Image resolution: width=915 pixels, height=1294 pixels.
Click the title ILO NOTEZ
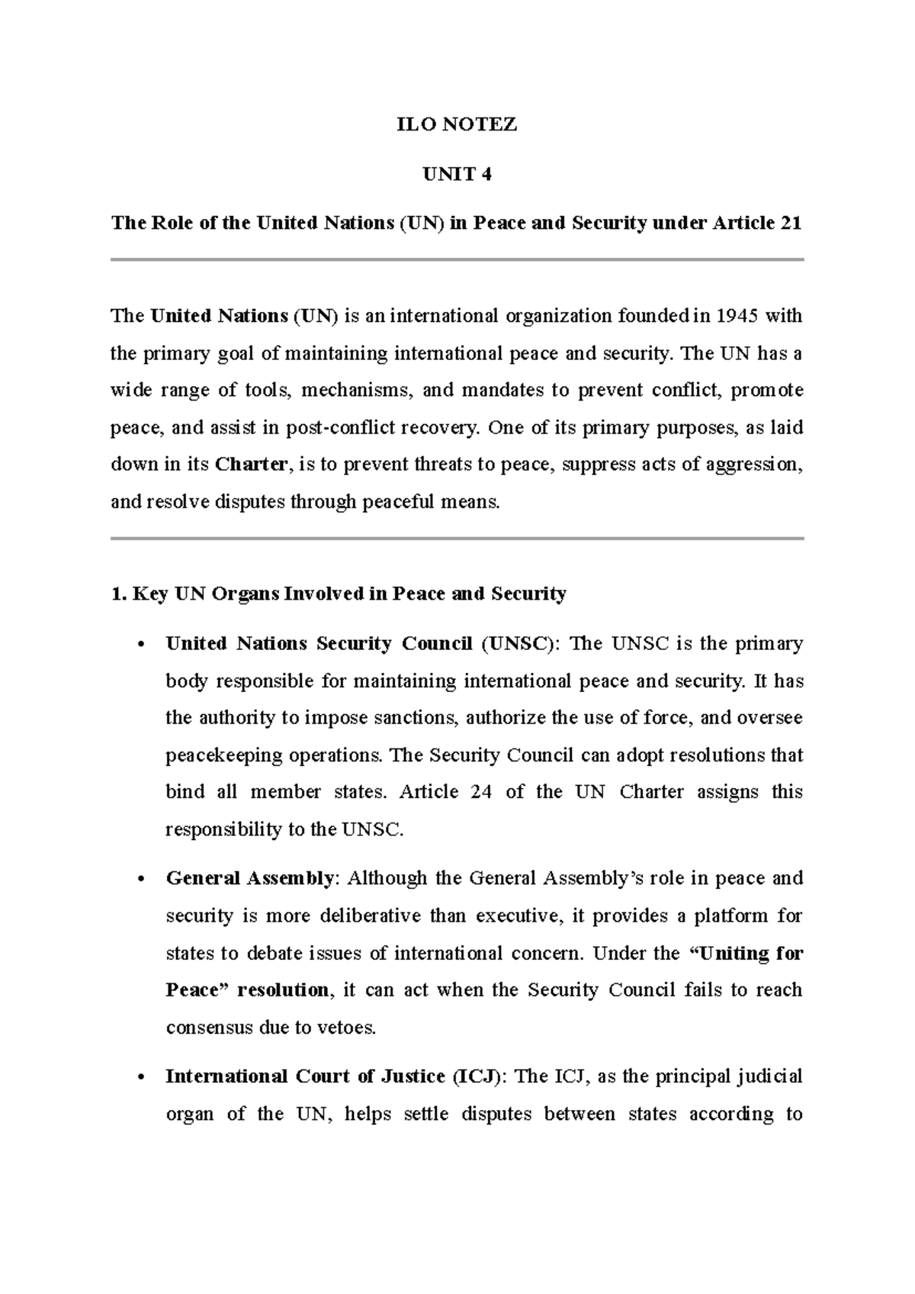pyautogui.click(x=457, y=125)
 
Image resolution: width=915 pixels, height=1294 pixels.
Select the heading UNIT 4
pyautogui.click(x=457, y=175)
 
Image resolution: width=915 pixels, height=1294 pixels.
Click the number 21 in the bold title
pyautogui.click(x=791, y=224)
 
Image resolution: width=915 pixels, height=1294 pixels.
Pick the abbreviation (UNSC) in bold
pyautogui.click(x=519, y=644)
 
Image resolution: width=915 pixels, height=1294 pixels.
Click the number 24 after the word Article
pyautogui.click(x=481, y=792)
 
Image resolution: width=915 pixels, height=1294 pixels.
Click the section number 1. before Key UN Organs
pyautogui.click(x=118, y=594)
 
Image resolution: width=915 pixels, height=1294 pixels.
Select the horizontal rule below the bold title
pyautogui.click(x=457, y=260)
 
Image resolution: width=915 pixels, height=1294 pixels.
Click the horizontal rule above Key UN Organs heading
pyautogui.click(x=457, y=539)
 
